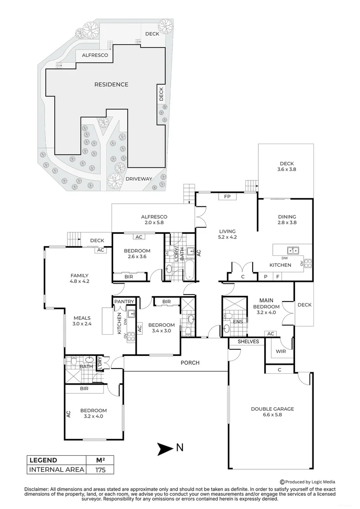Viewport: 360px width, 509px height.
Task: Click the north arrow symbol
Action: click(165, 449)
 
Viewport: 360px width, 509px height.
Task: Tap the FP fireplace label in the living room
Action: click(227, 197)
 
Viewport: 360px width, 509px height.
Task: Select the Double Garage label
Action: click(272, 411)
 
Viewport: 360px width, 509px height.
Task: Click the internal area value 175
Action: click(100, 470)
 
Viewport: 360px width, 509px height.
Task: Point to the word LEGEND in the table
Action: click(43, 460)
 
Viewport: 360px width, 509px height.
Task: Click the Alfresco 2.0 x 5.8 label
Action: click(154, 220)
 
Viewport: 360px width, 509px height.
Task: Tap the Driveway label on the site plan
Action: click(139, 179)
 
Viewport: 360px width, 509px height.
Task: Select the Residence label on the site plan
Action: click(111, 84)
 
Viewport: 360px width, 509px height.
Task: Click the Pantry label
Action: click(124, 302)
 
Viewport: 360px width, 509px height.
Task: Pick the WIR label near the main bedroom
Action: click(281, 351)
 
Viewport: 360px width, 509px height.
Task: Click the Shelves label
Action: click(248, 342)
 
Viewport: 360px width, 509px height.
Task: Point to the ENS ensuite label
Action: click(238, 322)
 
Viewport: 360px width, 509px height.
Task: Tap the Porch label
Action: click(190, 362)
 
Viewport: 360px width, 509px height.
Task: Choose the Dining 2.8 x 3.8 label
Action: click(287, 220)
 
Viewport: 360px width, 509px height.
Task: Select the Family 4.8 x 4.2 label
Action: click(80, 278)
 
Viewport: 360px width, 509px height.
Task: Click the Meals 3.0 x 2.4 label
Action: click(82, 321)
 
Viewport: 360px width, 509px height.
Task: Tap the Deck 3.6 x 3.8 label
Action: click(286, 166)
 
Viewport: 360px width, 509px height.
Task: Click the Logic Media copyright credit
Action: click(307, 482)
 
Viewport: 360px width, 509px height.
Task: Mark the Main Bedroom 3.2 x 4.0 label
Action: click(266, 306)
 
